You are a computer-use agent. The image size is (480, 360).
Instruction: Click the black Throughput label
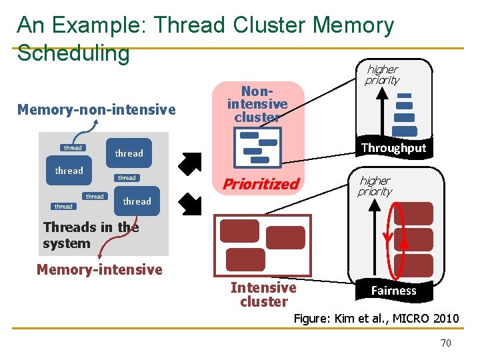393,148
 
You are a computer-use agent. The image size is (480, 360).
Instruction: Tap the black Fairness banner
393,290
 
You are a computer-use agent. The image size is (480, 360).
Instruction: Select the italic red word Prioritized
261,184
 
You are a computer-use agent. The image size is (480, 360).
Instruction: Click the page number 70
446,343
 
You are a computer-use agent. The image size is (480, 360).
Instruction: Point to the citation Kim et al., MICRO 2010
377,318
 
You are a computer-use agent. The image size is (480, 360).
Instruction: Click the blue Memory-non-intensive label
97,109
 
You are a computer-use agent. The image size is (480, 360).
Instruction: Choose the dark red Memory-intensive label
99,269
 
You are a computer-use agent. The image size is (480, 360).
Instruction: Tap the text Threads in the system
91,235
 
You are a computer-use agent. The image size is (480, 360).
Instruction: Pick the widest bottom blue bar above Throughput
405,131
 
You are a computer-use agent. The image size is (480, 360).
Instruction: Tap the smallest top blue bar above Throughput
404,95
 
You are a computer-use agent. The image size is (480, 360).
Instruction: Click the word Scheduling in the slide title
73,53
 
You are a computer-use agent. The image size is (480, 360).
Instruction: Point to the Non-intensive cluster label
257,104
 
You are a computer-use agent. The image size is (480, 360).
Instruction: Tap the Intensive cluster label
263,295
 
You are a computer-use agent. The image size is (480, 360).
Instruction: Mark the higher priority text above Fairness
375,186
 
